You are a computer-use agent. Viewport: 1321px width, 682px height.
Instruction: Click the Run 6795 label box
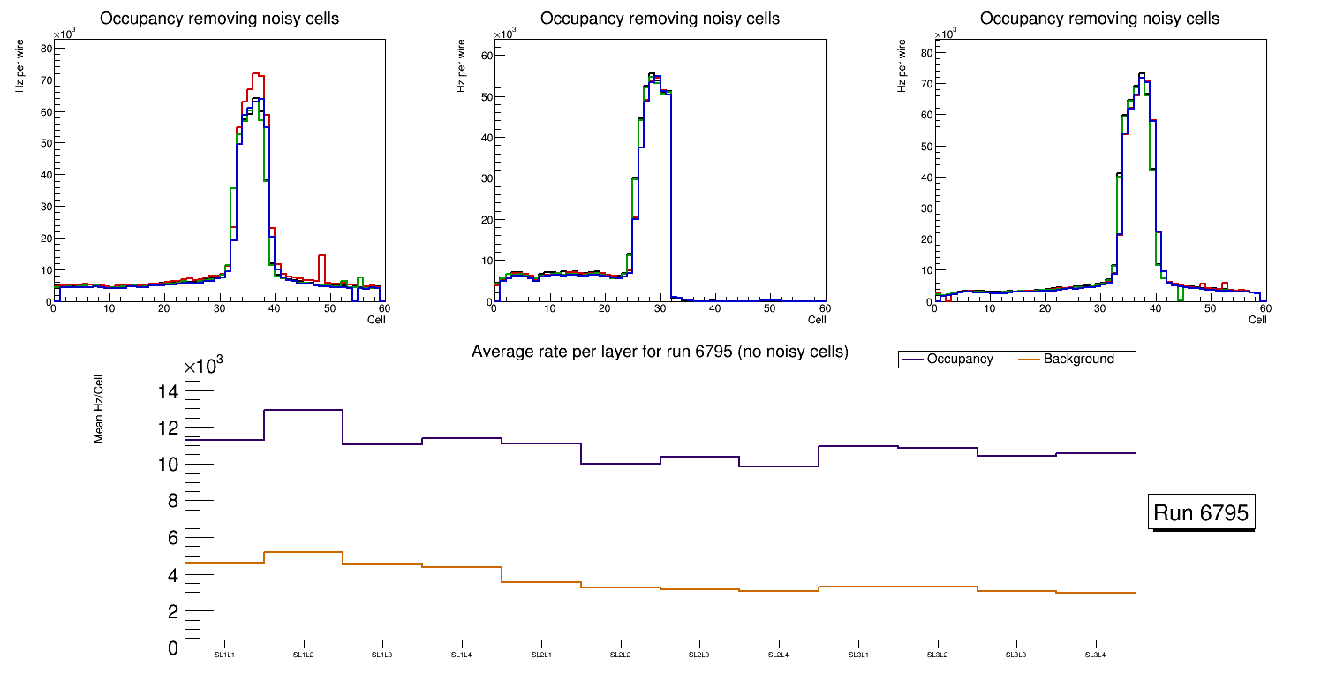click(x=1201, y=513)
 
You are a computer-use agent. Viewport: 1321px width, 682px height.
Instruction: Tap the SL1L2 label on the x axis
click(x=304, y=655)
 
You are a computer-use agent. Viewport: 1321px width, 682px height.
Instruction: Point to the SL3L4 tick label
click(x=1095, y=655)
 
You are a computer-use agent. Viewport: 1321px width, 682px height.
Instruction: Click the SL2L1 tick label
click(x=541, y=655)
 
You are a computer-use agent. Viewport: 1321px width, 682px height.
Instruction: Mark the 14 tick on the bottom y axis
click(x=167, y=391)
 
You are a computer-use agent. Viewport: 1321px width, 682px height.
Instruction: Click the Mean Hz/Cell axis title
click(x=99, y=414)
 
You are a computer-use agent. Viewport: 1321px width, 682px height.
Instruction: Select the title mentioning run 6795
click(x=660, y=352)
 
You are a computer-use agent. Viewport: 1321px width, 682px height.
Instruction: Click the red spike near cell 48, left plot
click(x=321, y=256)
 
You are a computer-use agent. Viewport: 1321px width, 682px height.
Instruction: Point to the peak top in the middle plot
click(x=652, y=74)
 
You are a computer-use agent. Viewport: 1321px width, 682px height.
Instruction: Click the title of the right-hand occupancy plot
click(x=1099, y=19)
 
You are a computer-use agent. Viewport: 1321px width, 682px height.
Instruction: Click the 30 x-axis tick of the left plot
click(x=218, y=308)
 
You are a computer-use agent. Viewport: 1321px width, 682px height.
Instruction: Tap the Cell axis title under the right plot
click(x=1257, y=320)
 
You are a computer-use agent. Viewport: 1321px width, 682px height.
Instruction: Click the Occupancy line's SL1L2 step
click(x=303, y=410)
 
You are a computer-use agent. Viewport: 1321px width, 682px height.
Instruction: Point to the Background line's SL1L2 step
click(x=303, y=552)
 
